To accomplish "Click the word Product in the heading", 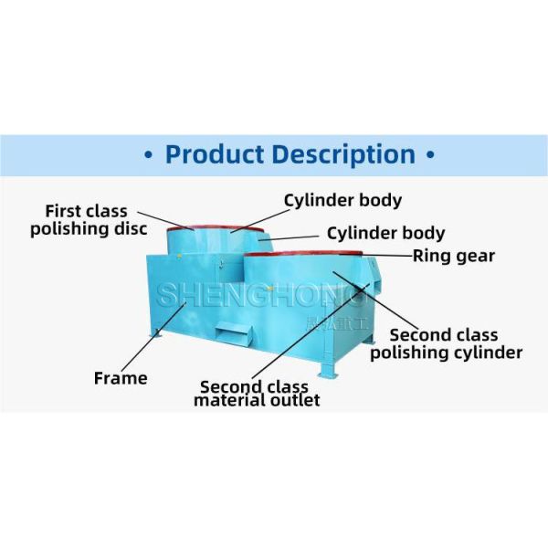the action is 217,153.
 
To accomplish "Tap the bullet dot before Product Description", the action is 149,154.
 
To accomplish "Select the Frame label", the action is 121,377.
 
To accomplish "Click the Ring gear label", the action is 453,256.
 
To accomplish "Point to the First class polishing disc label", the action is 88,220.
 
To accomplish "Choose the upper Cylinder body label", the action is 342,200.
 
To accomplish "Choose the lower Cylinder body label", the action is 385,233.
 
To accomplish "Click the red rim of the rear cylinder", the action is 212,227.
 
